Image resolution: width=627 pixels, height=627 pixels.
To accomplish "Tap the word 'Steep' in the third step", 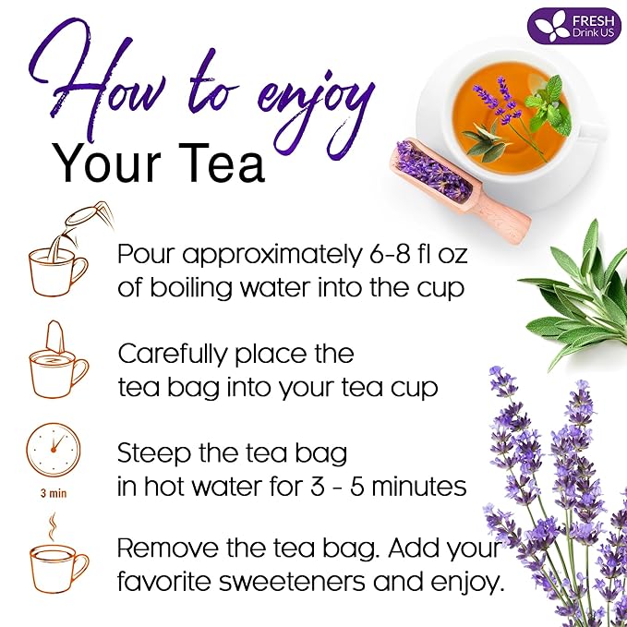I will point(150,453).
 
